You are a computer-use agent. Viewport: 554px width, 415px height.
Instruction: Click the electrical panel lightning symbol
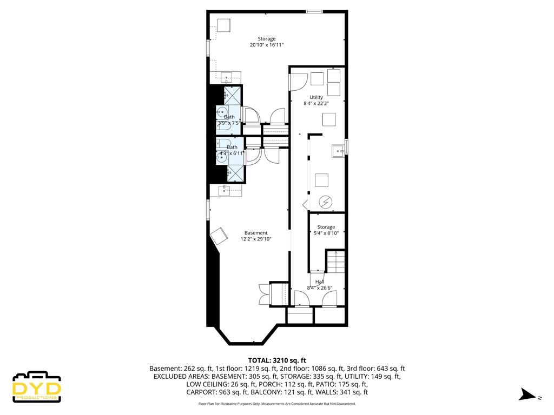(x=326, y=202)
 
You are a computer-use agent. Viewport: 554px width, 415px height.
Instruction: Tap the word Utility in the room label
(x=316, y=97)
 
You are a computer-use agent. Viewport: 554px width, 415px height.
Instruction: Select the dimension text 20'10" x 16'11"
(x=267, y=45)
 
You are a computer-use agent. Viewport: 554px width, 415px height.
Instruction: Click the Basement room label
(x=255, y=233)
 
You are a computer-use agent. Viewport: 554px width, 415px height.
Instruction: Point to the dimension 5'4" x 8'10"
(x=326, y=233)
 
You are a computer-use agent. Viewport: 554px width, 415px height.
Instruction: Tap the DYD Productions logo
(x=37, y=387)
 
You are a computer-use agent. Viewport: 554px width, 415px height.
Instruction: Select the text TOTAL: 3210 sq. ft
(x=277, y=360)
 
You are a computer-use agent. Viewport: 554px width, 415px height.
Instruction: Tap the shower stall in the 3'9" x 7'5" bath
(x=233, y=95)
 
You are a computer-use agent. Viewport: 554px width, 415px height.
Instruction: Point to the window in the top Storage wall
(x=314, y=11)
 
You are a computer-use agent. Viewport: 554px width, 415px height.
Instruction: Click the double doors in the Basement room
(x=263, y=295)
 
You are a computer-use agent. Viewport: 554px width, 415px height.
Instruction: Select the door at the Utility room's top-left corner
(x=296, y=81)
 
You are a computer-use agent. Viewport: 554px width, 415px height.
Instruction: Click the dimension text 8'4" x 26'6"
(x=319, y=288)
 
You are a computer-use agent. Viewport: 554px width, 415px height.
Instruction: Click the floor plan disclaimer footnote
(x=277, y=404)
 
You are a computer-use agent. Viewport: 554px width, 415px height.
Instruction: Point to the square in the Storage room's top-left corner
(x=224, y=25)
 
